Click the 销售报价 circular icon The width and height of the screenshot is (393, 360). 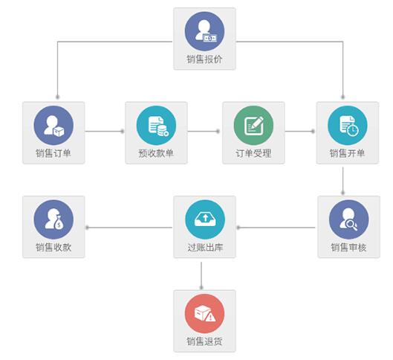click(204, 31)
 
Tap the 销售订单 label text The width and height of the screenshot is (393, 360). click(53, 153)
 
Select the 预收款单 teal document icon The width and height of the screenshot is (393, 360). click(156, 126)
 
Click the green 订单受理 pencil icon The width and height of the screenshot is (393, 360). click(253, 126)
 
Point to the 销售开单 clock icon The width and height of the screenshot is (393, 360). click(348, 126)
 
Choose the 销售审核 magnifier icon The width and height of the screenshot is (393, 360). click(349, 219)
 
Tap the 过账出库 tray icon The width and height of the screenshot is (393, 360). click(205, 219)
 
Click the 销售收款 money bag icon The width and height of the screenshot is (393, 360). click(53, 219)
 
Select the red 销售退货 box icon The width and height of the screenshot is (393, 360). click(204, 314)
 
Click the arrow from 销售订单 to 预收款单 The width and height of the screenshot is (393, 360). click(105, 131)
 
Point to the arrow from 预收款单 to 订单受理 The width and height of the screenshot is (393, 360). click(204, 131)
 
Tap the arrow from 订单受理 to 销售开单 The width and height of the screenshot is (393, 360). click(299, 131)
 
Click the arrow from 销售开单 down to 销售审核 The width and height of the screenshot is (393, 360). click(343, 181)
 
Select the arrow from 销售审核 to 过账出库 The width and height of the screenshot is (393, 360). click(276, 228)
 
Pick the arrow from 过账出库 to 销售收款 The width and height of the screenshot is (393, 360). click(129, 228)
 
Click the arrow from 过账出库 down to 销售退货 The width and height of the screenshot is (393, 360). click(201, 276)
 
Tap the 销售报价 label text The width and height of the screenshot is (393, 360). click(204, 60)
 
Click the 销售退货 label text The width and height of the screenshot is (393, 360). click(204, 341)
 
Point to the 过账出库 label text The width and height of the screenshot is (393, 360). click(205, 248)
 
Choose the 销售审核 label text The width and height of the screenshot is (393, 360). click(349, 248)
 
